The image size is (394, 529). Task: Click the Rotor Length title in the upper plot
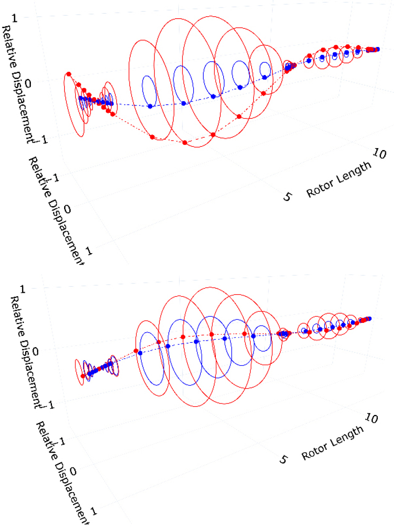pyautogui.click(x=339, y=179)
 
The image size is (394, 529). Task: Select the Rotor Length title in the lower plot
pyautogui.click(x=333, y=443)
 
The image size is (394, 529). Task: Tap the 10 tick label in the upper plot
pyautogui.click(x=379, y=153)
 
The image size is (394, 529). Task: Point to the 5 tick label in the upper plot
pyautogui.click(x=287, y=197)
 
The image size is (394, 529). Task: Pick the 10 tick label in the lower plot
pyautogui.click(x=371, y=418)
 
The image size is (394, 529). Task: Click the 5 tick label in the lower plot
pyautogui.click(x=284, y=459)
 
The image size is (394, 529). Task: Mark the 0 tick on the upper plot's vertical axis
pyautogui.click(x=28, y=84)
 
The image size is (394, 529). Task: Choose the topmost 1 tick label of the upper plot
pyautogui.click(x=15, y=18)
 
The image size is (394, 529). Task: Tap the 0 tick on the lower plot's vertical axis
pyautogui.click(x=35, y=351)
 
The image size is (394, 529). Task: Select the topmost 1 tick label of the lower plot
pyautogui.click(x=23, y=289)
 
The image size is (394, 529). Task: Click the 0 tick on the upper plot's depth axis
pyautogui.click(x=67, y=209)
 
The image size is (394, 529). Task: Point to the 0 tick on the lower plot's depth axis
pyautogui.click(x=73, y=471)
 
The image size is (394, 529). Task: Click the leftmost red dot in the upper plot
pyautogui.click(x=69, y=74)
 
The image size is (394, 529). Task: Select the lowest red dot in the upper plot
pyautogui.click(x=185, y=142)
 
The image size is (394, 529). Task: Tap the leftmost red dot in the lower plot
pyautogui.click(x=83, y=376)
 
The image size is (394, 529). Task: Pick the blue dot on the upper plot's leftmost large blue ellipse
pyautogui.click(x=150, y=106)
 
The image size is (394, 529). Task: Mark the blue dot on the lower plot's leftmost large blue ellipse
pyautogui.click(x=140, y=353)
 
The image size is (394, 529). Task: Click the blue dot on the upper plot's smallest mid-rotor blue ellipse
pyautogui.click(x=265, y=77)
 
